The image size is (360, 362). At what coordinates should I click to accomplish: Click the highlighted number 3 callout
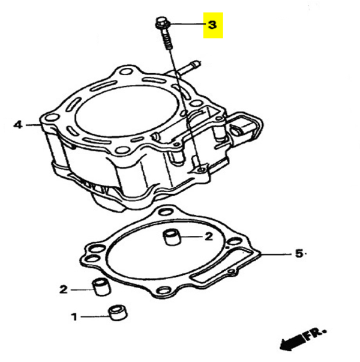212,25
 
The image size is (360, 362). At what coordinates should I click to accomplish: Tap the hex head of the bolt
162,22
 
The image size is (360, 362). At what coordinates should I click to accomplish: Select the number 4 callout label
18,125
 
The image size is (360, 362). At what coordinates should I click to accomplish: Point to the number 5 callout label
299,253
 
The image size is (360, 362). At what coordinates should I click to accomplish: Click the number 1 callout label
74,317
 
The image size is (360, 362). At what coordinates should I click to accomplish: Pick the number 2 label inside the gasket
209,237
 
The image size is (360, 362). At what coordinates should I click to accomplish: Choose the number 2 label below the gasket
64,289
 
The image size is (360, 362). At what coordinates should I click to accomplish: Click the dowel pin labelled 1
118,313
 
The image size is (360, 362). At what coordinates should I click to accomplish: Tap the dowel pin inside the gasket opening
172,237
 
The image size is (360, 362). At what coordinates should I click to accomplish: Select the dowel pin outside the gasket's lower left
101,287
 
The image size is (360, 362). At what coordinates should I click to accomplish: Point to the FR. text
316,334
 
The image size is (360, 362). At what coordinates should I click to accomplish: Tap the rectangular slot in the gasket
222,264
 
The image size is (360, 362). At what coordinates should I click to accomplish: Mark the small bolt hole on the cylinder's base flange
202,170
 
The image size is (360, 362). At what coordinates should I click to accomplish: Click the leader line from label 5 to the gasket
275,254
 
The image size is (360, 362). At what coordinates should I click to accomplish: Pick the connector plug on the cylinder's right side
245,128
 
